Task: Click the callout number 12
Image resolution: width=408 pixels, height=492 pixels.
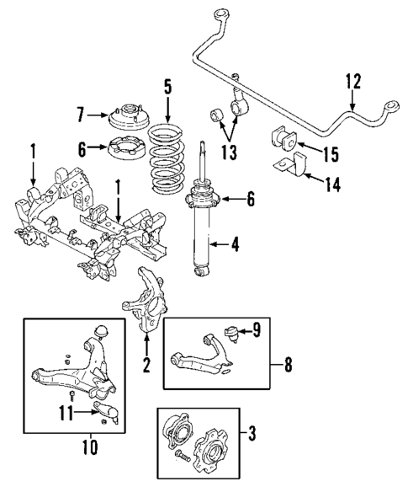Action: [x=352, y=82]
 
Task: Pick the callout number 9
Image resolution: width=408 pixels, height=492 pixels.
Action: [x=256, y=330]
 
